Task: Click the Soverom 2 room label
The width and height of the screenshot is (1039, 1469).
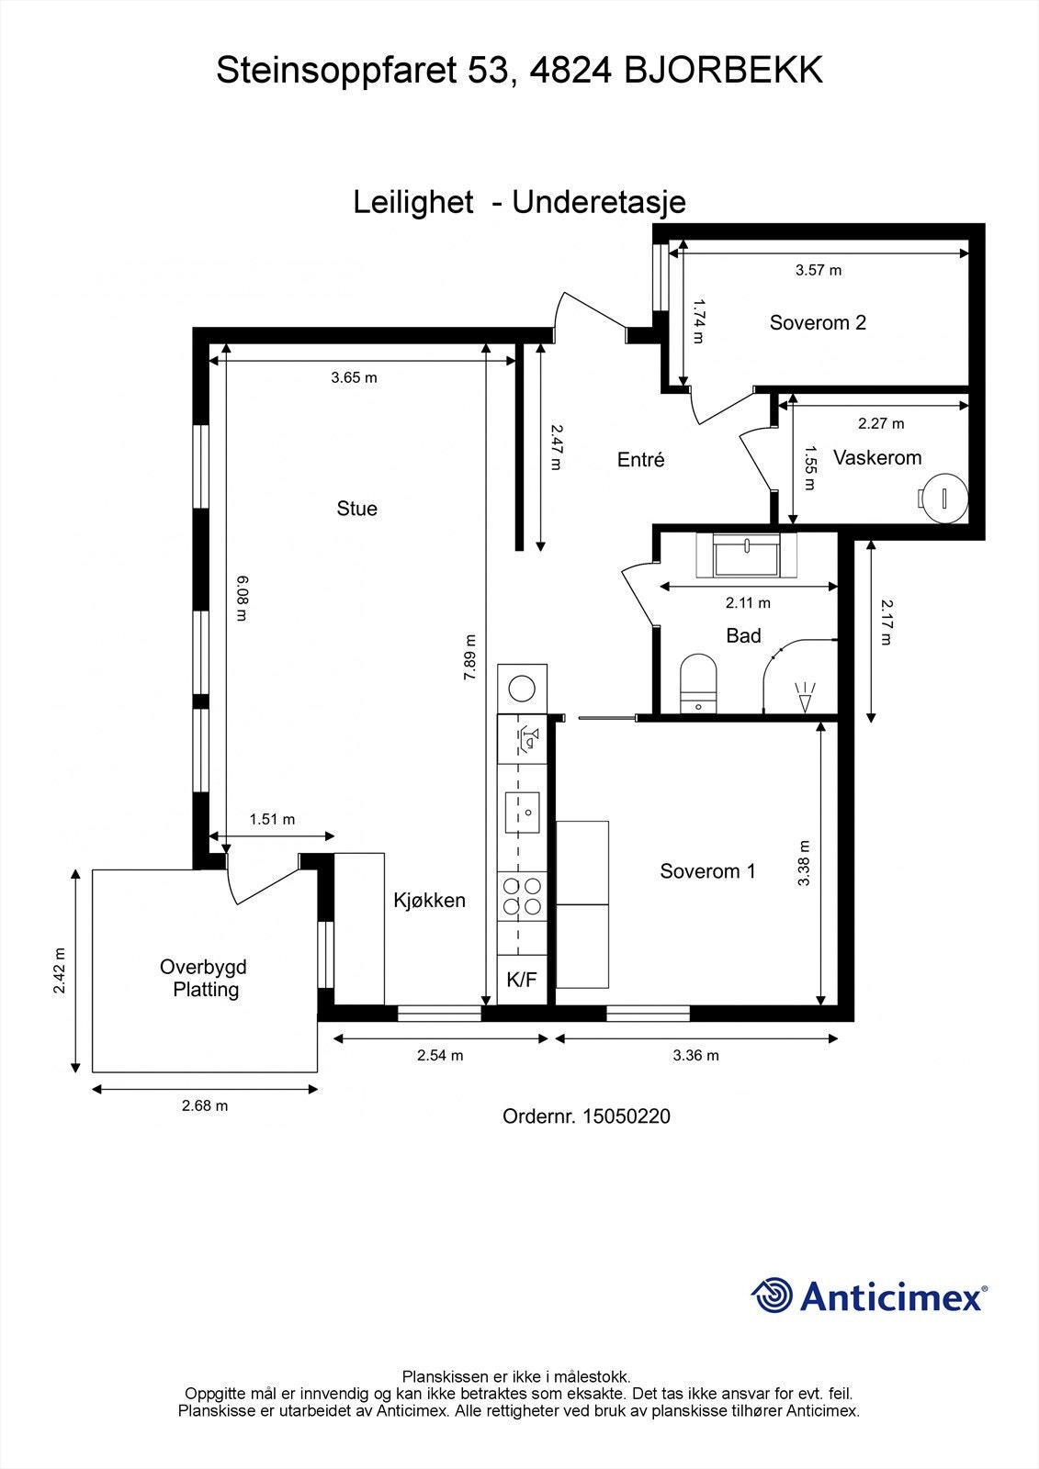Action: (x=818, y=322)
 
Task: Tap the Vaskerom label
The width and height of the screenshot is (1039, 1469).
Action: (x=877, y=458)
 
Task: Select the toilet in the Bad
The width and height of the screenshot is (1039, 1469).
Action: (x=697, y=683)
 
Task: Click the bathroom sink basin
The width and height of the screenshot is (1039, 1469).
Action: (x=746, y=555)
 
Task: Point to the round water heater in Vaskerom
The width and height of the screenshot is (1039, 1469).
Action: (x=943, y=499)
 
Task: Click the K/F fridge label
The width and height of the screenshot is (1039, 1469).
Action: (x=522, y=980)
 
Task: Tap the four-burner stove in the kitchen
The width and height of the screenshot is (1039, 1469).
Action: (x=522, y=896)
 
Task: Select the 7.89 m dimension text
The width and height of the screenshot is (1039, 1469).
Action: (x=469, y=656)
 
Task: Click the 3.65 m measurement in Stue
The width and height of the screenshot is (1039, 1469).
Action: (x=354, y=377)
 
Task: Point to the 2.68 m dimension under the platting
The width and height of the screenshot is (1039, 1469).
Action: (x=205, y=1105)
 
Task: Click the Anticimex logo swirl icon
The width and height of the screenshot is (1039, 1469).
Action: (x=771, y=1295)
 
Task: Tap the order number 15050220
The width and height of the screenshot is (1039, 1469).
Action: (x=627, y=1116)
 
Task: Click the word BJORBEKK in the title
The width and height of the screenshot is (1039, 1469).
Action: (x=723, y=70)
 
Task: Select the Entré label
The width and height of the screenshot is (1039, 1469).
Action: (x=640, y=460)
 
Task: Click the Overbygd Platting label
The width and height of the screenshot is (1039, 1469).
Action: (x=204, y=978)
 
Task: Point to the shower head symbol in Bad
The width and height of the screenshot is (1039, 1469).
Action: (x=804, y=697)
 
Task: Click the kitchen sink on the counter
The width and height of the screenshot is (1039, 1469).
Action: (x=522, y=813)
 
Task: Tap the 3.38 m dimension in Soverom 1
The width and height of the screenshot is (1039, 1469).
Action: (x=804, y=863)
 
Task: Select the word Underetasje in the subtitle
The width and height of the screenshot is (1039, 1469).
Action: (x=599, y=202)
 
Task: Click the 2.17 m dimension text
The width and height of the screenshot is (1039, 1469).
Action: (x=887, y=622)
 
